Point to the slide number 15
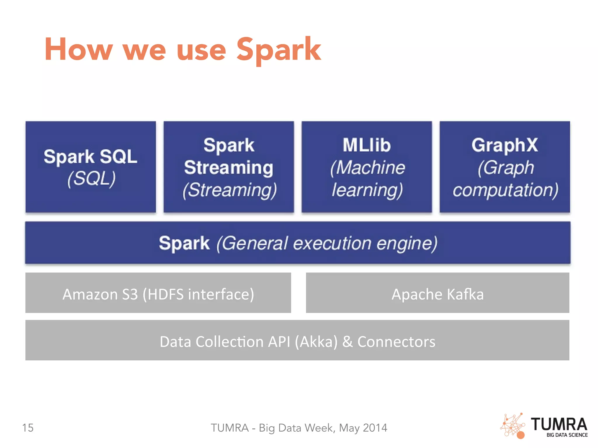pos(28,428)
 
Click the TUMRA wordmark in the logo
pos(559,424)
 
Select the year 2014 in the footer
pos(375,428)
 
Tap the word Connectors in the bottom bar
pos(396,342)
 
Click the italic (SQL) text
pos(91,178)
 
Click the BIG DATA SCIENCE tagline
pos(567,435)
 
